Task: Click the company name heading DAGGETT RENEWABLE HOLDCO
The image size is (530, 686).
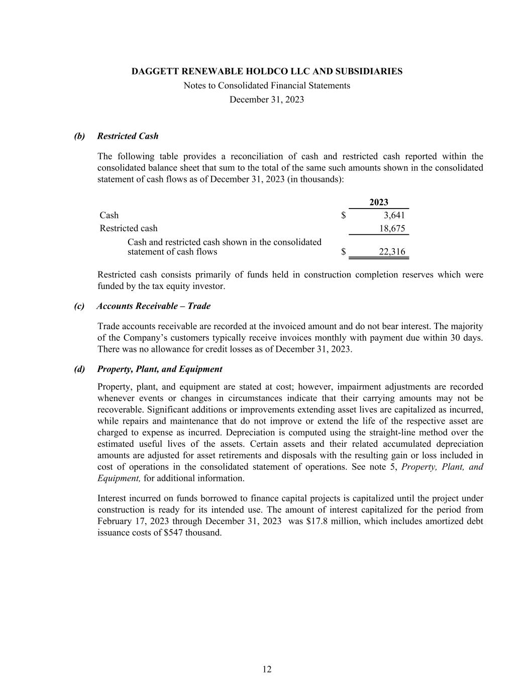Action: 267,71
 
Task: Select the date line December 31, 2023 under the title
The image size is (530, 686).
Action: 267,100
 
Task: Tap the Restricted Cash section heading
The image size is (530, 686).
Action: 128,136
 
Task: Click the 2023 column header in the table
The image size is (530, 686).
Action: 379,202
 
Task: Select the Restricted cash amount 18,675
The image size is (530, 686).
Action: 392,228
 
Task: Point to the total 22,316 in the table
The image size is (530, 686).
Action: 392,252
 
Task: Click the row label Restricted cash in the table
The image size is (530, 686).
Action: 129,228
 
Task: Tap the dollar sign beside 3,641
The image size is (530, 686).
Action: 344,216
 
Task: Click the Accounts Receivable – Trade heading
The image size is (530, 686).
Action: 154,306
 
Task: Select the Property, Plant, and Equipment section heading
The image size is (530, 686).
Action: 160,369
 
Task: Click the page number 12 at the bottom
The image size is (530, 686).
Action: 267,669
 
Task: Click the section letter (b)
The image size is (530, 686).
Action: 79,136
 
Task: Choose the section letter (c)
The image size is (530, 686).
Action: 79,306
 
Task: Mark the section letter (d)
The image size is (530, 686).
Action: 79,369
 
